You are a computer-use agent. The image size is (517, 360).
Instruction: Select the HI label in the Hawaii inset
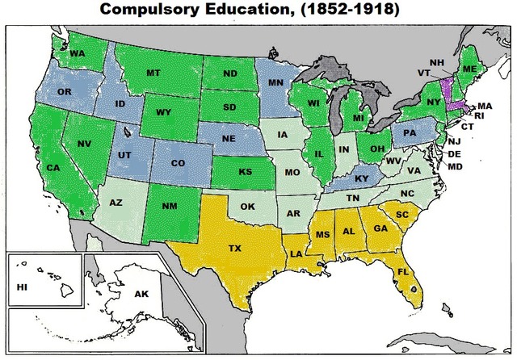click(x=22, y=287)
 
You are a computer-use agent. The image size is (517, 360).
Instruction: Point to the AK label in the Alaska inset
click(x=141, y=294)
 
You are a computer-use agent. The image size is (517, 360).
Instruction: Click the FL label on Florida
click(x=401, y=271)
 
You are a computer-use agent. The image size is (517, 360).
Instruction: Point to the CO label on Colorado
click(x=179, y=163)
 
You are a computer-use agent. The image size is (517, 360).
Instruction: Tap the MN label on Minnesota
click(x=275, y=82)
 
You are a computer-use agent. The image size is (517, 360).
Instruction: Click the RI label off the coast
click(x=479, y=115)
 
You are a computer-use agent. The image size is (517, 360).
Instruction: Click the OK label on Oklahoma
click(x=248, y=206)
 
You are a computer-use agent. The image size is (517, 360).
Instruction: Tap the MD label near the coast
click(x=456, y=166)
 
